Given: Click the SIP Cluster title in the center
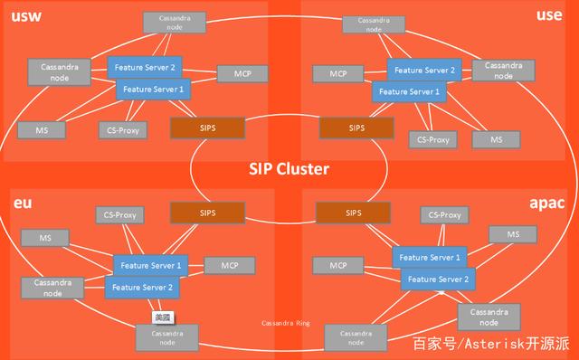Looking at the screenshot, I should pos(289,168).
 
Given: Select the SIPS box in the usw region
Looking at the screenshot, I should pos(206,128).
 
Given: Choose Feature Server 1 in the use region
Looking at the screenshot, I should pos(408,91).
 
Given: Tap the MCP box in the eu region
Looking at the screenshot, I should pos(222,265).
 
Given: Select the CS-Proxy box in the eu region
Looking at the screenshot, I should pos(120,215).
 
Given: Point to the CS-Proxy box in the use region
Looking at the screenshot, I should pos(432,139).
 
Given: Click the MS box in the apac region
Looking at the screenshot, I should pos(512,234).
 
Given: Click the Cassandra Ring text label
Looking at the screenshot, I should pos(286,321).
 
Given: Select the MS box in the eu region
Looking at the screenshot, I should pos(40,237).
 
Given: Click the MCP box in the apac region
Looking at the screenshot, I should pos(338,265).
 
